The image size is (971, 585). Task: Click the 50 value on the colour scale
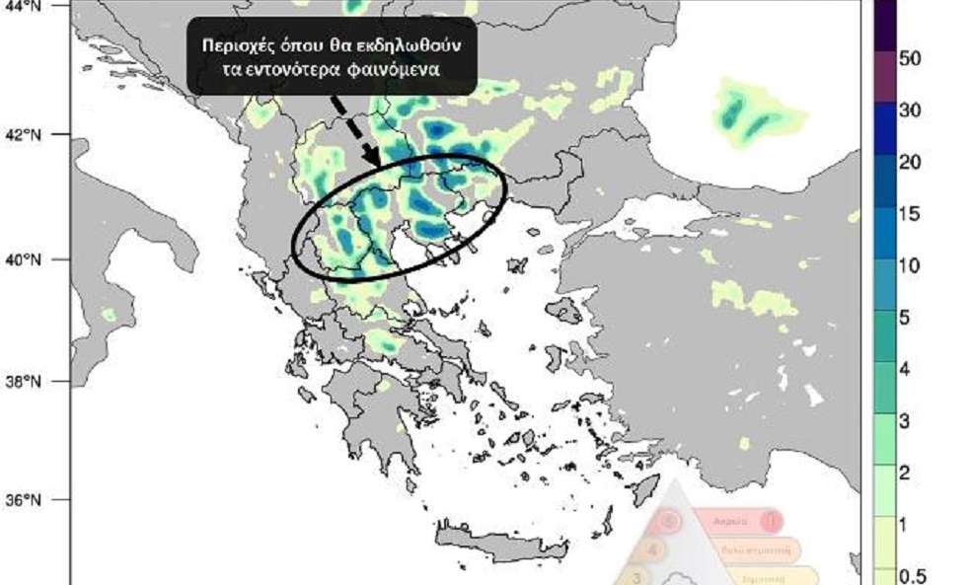coord(910,59)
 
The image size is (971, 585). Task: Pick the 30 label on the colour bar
coord(910,110)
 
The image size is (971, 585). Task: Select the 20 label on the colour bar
coord(910,162)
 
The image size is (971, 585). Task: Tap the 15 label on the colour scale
coord(909,214)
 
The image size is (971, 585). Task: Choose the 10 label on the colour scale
coord(910,265)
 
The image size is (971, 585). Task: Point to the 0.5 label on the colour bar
coord(913,575)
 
